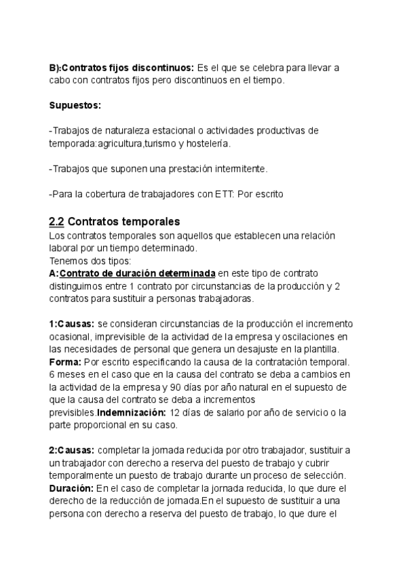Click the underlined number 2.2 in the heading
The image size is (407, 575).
click(56, 222)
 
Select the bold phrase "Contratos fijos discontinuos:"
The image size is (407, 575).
click(121, 68)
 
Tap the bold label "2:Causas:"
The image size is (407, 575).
click(72, 450)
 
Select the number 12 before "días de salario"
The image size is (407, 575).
click(176, 412)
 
